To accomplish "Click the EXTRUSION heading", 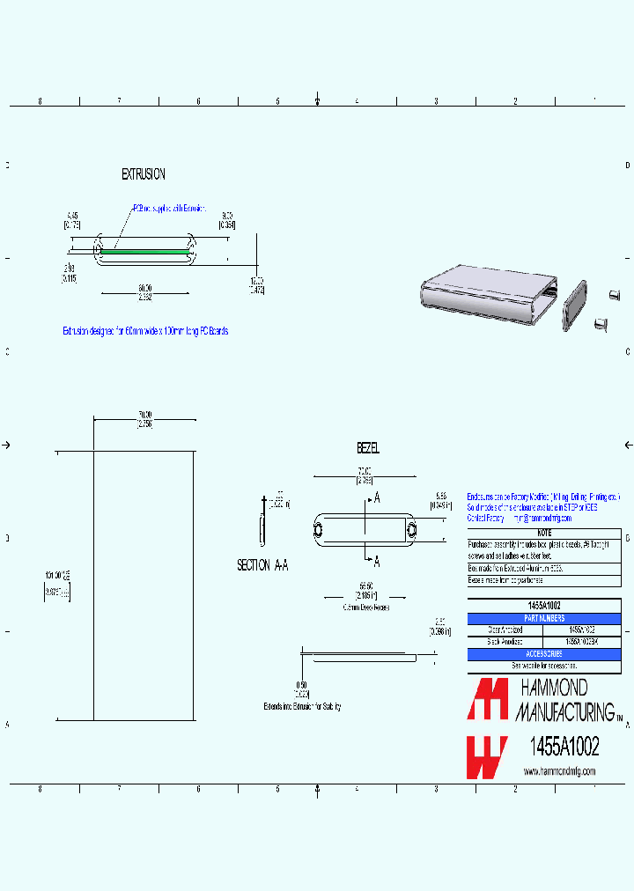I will tap(143, 174).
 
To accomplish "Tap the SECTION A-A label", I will tap(262, 565).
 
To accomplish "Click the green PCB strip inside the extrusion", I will tap(145, 250).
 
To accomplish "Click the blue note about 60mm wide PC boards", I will tap(145, 331).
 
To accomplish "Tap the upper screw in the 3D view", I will tap(616, 295).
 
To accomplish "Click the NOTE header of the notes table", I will tap(543, 533).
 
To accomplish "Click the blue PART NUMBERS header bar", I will tap(543, 619).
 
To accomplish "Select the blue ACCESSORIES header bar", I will tap(543, 654).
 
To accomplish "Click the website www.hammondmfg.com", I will tap(559, 771).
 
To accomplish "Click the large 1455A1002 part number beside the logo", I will tap(563, 747).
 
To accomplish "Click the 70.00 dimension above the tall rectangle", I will tap(144, 415).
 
